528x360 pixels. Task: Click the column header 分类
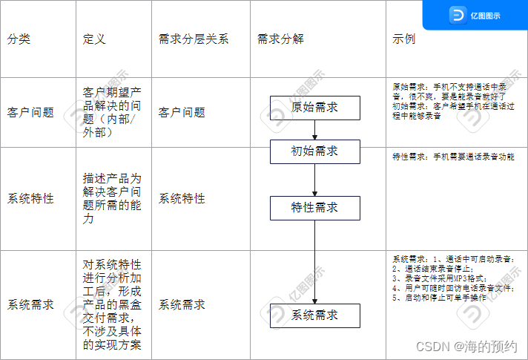20,39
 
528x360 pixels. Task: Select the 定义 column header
94,39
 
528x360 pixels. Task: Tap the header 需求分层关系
194,39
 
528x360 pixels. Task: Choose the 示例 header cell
403,39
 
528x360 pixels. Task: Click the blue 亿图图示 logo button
475,15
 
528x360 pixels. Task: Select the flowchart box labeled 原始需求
314,108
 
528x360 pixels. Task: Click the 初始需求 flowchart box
314,151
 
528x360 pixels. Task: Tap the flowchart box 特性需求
314,208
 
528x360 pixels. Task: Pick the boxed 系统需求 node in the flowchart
314,315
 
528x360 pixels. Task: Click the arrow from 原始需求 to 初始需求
314,130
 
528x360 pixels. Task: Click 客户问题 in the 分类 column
30,113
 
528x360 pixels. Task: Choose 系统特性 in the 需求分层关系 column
182,199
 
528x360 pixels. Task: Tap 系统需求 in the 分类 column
30,304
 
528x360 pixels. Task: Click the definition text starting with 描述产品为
111,199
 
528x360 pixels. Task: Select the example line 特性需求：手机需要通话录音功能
452,157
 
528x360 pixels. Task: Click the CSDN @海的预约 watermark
466,347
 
